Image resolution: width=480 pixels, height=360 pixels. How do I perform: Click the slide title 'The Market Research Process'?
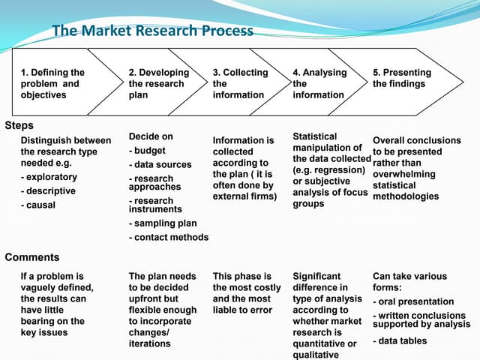153,31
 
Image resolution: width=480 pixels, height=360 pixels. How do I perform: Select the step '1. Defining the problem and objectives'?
52,84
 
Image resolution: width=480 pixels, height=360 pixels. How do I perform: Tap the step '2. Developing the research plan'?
158,84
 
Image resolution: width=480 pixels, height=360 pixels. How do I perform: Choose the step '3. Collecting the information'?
239,84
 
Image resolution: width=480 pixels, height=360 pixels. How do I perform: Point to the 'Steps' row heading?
19,125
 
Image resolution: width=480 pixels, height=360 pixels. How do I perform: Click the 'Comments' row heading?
31,257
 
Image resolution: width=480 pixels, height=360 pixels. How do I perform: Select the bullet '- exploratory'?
49,178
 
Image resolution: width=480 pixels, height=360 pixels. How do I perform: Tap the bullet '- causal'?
38,205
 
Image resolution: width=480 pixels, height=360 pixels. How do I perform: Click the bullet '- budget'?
148,151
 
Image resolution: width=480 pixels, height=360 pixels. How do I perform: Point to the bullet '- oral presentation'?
413,301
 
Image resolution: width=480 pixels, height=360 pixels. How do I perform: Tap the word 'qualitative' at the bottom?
316,355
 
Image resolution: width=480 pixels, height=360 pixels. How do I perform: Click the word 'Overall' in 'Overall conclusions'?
388,140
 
